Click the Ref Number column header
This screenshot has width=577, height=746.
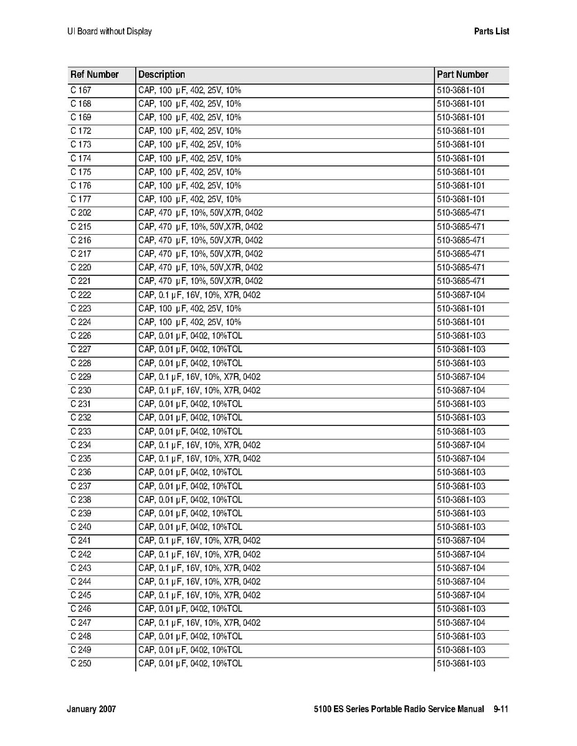(x=94, y=75)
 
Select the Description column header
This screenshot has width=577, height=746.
(x=161, y=75)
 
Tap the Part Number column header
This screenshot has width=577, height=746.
(x=462, y=75)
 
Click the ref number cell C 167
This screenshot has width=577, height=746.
(x=80, y=90)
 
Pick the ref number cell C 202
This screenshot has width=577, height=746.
(x=80, y=213)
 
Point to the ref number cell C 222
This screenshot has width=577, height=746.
(x=80, y=295)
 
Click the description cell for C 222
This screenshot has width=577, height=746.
(x=199, y=295)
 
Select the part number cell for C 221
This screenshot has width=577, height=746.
(x=460, y=281)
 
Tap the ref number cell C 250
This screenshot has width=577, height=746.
(x=80, y=664)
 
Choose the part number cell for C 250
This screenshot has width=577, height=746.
(x=460, y=664)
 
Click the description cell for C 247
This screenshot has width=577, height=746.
(x=199, y=623)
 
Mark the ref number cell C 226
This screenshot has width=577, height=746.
(x=80, y=336)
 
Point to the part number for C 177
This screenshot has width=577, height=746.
(x=460, y=199)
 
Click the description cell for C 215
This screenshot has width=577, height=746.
(x=200, y=227)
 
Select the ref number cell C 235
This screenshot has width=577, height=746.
(x=80, y=459)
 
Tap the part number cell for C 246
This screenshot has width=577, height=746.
(x=460, y=609)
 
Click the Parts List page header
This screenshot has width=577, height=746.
(x=491, y=31)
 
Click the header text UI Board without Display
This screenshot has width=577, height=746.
(x=109, y=31)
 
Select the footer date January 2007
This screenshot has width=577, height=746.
(x=91, y=709)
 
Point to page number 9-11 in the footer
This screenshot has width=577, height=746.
(x=501, y=709)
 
